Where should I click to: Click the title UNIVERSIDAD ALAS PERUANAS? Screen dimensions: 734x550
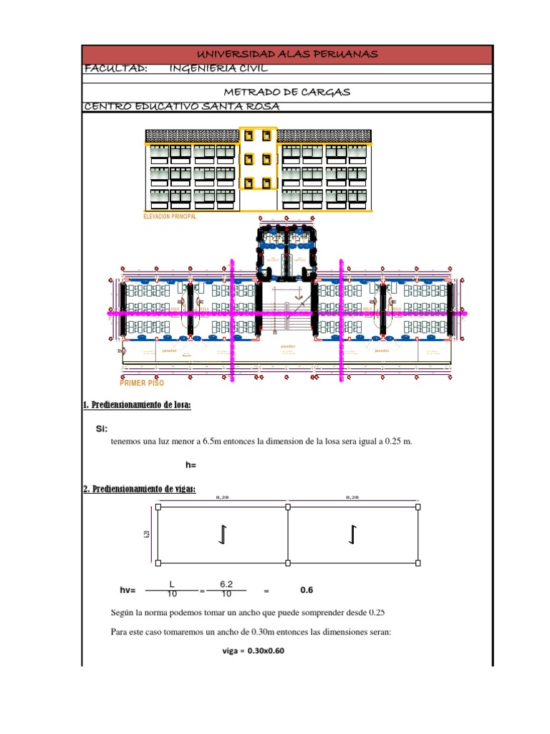287,55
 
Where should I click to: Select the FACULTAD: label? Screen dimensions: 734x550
116,69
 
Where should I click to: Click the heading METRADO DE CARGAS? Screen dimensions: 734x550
287,93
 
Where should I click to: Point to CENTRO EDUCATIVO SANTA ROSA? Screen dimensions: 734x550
181,107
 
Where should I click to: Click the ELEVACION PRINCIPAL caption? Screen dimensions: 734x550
170,216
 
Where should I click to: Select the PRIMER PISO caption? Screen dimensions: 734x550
142,383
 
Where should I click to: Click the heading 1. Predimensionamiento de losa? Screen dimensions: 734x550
137,406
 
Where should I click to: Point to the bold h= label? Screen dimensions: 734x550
190,465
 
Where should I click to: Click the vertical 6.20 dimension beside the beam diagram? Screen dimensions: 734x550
146,534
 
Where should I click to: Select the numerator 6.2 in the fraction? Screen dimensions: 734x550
227,585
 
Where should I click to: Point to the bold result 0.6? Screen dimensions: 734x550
307,591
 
